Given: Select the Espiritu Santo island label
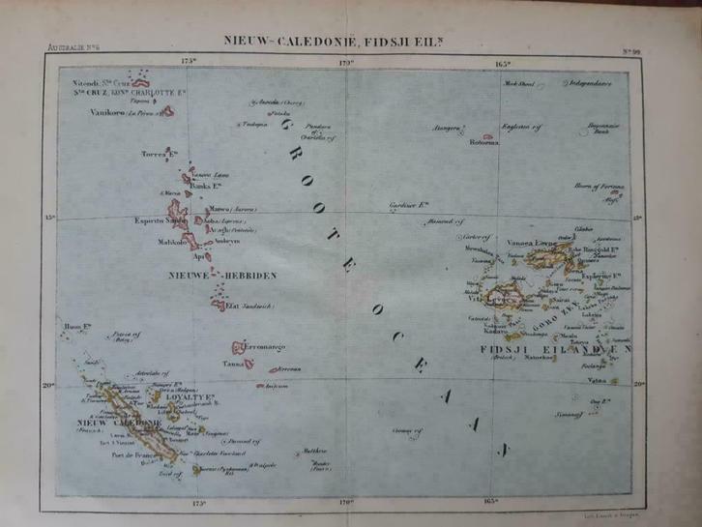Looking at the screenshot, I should point(161,220).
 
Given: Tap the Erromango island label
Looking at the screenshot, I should point(269,345).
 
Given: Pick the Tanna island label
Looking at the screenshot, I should point(232,365).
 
